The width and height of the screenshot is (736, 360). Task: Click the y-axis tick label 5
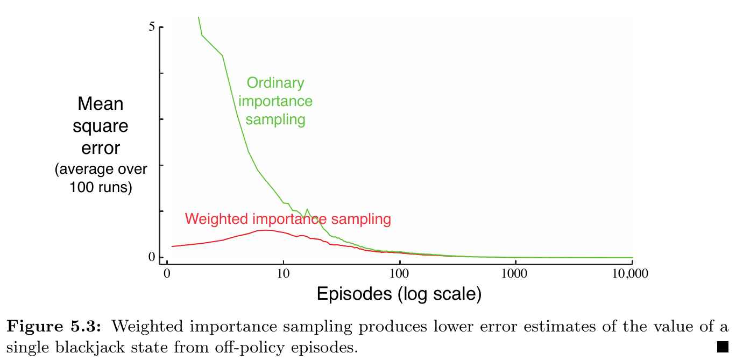pyautogui.click(x=152, y=27)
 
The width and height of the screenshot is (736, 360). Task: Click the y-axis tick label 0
pyautogui.click(x=152, y=257)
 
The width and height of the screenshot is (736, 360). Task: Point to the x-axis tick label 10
pyautogui.click(x=283, y=273)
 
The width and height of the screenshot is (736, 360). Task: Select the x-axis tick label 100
pyautogui.click(x=400, y=273)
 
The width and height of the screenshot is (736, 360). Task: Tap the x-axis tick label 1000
pyautogui.click(x=515, y=273)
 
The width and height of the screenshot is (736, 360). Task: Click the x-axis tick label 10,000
pyautogui.click(x=631, y=273)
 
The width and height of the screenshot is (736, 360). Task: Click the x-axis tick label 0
pyautogui.click(x=167, y=273)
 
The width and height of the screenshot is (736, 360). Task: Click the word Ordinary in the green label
pyautogui.click(x=275, y=83)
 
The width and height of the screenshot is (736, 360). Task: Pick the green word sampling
pyautogui.click(x=275, y=119)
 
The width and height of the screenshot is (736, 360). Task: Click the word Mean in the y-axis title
pyautogui.click(x=101, y=104)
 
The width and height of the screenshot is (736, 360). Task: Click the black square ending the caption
pyautogui.click(x=722, y=346)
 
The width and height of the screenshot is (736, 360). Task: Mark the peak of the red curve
pyautogui.click(x=265, y=230)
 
